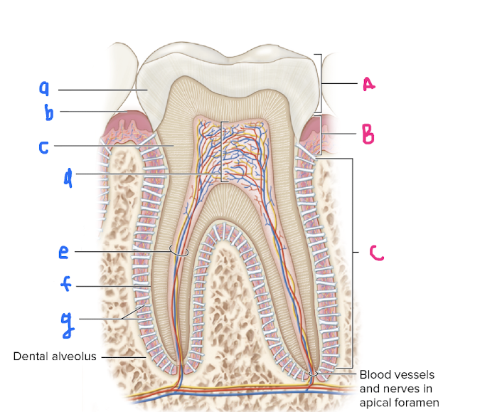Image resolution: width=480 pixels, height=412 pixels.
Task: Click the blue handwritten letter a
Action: click(44, 88)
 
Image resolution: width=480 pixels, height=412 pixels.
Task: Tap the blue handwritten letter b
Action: click(44, 112)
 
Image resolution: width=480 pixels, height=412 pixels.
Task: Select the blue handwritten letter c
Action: click(43, 147)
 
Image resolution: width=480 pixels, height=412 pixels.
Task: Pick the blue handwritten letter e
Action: click(64, 252)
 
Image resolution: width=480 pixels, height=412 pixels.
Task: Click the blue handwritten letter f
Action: click(65, 285)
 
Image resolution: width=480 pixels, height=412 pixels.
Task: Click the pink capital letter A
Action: click(368, 84)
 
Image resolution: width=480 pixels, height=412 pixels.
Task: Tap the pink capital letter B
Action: click(367, 133)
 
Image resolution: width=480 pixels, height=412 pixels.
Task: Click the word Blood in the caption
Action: click(374, 374)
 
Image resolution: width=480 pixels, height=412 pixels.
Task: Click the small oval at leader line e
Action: click(178, 250)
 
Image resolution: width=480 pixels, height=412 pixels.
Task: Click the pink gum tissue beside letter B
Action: click(312, 133)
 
